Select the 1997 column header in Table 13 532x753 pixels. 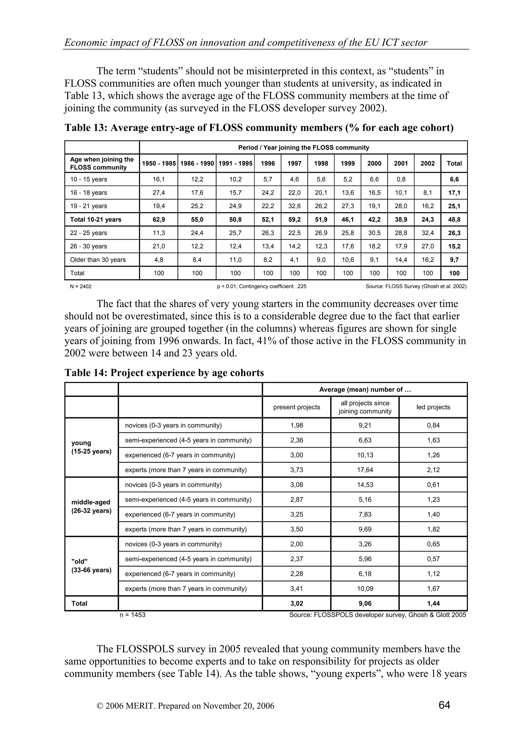click(x=294, y=163)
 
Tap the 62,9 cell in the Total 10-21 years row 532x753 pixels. click(x=159, y=219)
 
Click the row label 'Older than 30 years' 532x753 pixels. click(x=98, y=260)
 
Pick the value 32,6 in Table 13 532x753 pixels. click(x=294, y=206)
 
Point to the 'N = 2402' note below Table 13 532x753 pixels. click(x=81, y=286)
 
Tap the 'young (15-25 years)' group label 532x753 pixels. click(x=91, y=447)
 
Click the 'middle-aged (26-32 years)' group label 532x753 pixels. click(x=91, y=506)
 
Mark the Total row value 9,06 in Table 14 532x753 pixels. click(x=365, y=603)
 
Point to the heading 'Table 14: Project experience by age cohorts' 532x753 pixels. click(x=164, y=373)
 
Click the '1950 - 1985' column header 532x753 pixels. click(x=159, y=163)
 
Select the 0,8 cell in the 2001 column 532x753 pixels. click(x=401, y=179)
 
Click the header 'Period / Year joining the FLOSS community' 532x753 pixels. click(x=303, y=148)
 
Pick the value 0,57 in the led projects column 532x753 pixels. click(x=433, y=559)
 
